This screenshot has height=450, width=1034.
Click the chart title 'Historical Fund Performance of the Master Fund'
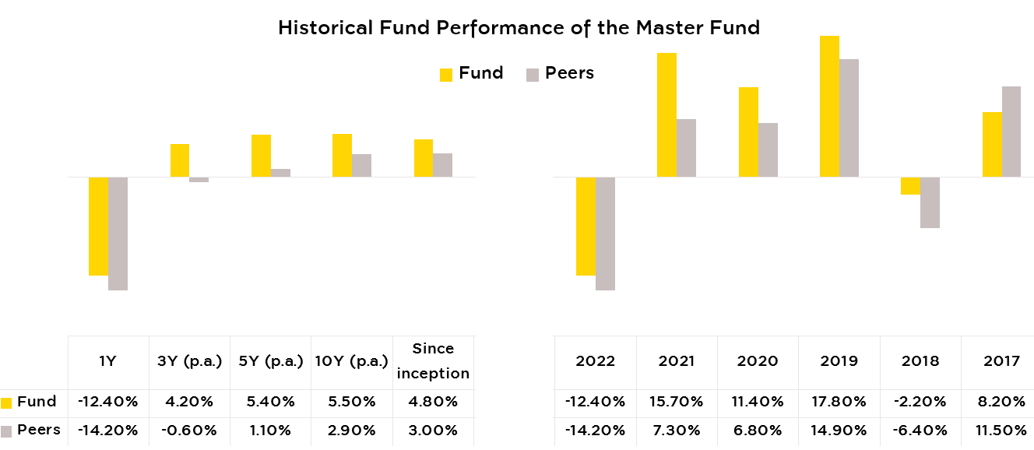coord(519,28)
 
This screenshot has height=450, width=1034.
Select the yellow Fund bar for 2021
coord(666,115)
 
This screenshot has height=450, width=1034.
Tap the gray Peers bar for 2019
coord(849,118)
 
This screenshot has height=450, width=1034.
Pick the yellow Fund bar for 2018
coord(910,185)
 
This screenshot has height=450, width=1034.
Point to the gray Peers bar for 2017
coord(1011,132)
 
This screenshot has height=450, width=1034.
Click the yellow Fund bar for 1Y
coord(98,226)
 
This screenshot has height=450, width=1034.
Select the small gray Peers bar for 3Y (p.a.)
coord(199,180)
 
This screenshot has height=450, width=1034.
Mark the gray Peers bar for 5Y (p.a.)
coord(280,173)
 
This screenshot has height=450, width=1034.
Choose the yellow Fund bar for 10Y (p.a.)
coord(342,156)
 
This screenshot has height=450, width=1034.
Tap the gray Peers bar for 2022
coord(605,234)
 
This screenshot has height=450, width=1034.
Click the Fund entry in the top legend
coord(471,73)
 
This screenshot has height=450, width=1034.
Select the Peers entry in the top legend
coord(560,73)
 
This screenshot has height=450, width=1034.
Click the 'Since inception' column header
coord(433,361)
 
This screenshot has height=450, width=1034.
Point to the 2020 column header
coord(758,361)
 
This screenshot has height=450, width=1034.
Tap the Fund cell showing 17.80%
coord(839,402)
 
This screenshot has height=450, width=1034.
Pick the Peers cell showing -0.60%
coord(188,431)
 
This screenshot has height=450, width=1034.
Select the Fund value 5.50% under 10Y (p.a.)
coord(352,402)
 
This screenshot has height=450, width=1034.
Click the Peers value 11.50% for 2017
coord(1001,431)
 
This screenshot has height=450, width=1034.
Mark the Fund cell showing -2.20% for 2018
coord(920,402)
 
